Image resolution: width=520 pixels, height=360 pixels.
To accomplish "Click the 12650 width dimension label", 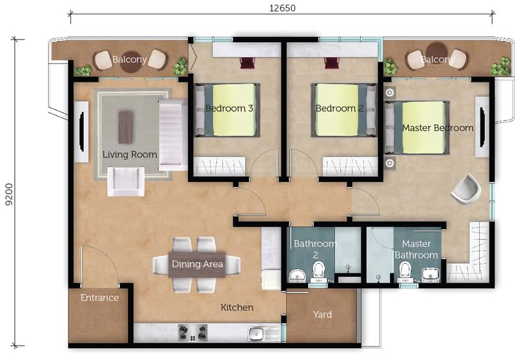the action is click(282, 8).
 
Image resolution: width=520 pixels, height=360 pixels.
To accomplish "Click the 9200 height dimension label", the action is click(9, 194).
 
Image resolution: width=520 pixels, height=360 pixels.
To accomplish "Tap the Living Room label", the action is click(129, 155).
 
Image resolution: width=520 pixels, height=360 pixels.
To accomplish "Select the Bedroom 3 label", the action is click(229, 109).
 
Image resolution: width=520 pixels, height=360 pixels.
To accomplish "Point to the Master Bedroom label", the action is click(437, 128).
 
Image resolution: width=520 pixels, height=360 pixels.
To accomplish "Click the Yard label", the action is click(322, 315).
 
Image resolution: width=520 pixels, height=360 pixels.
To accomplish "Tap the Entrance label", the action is click(99, 298).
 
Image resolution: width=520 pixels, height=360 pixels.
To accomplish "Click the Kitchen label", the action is click(237, 307).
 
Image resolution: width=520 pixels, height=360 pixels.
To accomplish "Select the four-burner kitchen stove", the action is click(193, 333).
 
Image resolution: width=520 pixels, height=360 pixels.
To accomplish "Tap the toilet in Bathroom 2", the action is click(318, 272).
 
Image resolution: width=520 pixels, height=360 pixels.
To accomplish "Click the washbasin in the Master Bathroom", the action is click(431, 275).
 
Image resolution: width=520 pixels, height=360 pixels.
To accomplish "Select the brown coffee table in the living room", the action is click(126, 127).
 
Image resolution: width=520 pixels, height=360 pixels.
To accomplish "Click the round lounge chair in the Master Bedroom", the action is click(466, 188).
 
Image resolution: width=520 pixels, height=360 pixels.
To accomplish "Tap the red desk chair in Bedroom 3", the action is click(247, 62).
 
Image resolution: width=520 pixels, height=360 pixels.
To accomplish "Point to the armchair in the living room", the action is click(126, 181).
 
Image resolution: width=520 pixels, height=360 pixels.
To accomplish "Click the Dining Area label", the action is click(198, 264).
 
